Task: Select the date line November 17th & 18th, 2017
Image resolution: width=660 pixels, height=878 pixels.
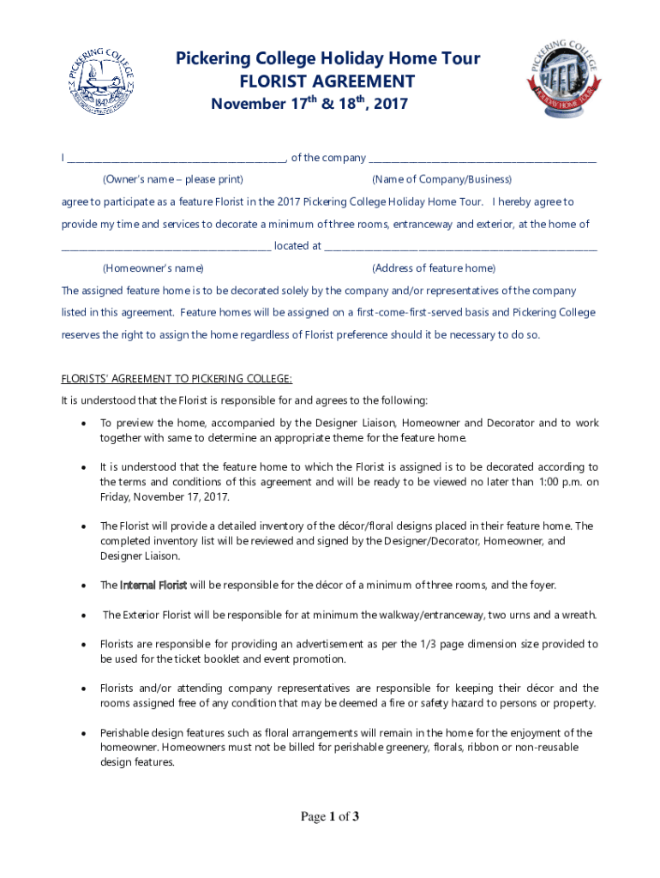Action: (309, 104)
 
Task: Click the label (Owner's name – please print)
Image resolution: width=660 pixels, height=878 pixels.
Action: (172, 179)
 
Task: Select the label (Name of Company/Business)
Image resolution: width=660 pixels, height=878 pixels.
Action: (441, 179)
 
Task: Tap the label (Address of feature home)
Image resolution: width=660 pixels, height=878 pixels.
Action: (434, 268)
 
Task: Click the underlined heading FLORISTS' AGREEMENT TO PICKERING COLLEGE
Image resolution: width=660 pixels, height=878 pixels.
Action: (177, 378)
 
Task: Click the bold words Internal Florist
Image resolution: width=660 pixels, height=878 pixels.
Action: (153, 586)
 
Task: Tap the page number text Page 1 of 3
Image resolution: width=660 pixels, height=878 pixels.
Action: (329, 817)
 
